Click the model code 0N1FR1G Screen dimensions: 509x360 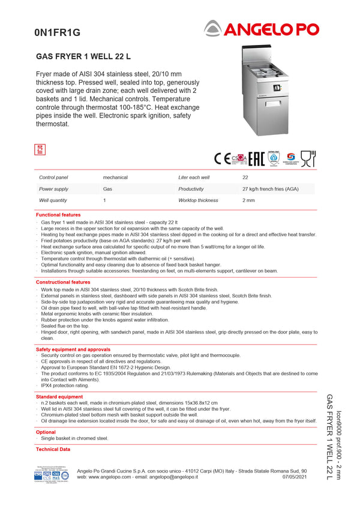pyautogui.click(x=57, y=34)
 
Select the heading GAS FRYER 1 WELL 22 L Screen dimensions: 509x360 pyautogui.click(x=83, y=57)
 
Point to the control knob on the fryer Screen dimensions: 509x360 pyautogui.click(x=276, y=88)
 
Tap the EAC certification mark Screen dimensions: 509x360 pyautogui.click(x=256, y=159)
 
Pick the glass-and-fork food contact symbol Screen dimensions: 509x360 pyautogui.click(x=308, y=158)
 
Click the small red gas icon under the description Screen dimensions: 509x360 pyautogui.click(x=41, y=149)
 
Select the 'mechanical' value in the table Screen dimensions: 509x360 pyautogui.click(x=115, y=177)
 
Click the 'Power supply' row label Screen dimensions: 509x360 pyautogui.click(x=53, y=189)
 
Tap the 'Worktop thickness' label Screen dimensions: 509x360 pyautogui.click(x=198, y=200)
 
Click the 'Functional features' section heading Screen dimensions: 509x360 pyautogui.click(x=58, y=215)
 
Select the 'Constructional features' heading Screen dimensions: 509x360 pyautogui.click(x=63, y=282)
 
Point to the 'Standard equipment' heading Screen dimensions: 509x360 pyautogui.click(x=59, y=397)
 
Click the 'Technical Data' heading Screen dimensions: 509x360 pyautogui.click(x=53, y=449)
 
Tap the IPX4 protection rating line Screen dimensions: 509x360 pyautogui.click(x=65, y=385)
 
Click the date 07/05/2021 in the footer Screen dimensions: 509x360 pyautogui.click(x=295, y=477)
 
